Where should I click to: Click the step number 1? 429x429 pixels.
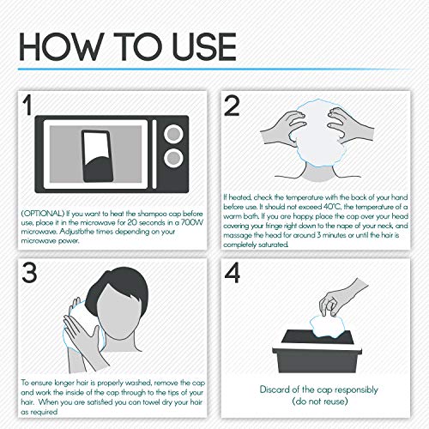tap(27, 105)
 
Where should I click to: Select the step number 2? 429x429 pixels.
tap(232, 106)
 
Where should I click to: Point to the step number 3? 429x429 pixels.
tap(29, 273)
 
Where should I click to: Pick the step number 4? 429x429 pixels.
tap(232, 273)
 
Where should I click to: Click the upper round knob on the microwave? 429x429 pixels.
tap(173, 134)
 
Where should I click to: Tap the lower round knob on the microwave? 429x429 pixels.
tap(173, 158)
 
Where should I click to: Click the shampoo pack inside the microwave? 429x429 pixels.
tap(97, 156)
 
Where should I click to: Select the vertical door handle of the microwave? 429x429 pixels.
tap(154, 154)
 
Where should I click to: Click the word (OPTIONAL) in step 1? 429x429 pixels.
tap(43, 214)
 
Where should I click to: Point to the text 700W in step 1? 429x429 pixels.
tap(192, 222)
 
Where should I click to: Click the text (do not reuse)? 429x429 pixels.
tap(320, 402)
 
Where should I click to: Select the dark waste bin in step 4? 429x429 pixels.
tap(317, 351)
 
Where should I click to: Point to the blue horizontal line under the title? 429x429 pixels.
tap(214, 69)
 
